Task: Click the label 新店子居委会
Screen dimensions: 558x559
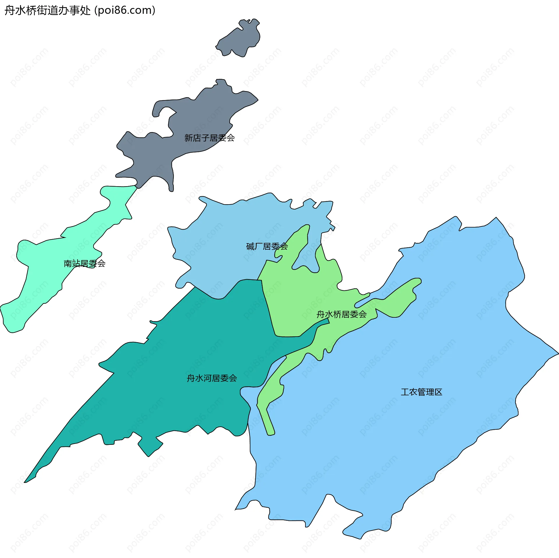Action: click(209, 138)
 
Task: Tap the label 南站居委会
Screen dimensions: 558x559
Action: click(84, 263)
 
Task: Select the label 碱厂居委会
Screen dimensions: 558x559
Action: click(267, 246)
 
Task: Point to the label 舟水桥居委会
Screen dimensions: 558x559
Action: click(342, 314)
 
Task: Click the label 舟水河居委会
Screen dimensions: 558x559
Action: click(212, 378)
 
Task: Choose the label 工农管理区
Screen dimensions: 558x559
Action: click(421, 392)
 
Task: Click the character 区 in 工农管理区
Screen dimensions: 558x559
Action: click(438, 392)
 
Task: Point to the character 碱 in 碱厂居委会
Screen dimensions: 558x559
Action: click(250, 246)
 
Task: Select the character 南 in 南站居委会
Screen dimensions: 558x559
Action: click(68, 263)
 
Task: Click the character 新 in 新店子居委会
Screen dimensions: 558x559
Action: click(189, 138)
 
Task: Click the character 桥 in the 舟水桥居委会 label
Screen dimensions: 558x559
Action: click(337, 314)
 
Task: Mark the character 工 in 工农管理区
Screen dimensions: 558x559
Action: click(405, 392)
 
